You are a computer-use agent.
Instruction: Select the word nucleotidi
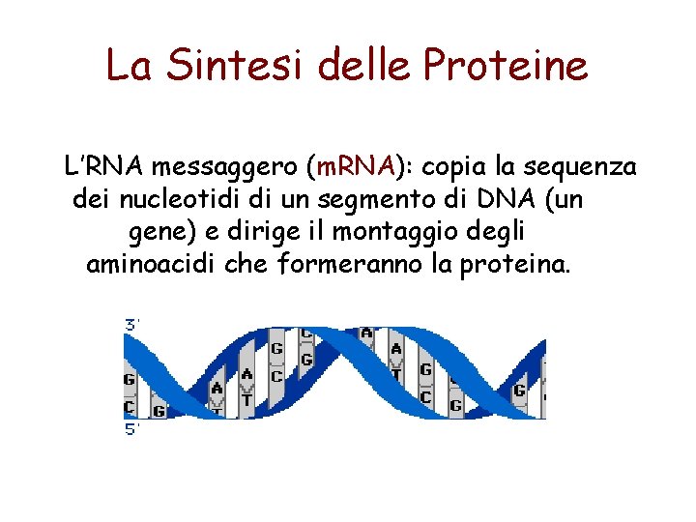coord(179,199)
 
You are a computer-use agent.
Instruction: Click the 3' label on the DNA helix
coord(132,326)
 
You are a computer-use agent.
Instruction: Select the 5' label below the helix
coord(132,430)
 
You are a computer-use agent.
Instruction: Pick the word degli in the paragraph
coord(493,232)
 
